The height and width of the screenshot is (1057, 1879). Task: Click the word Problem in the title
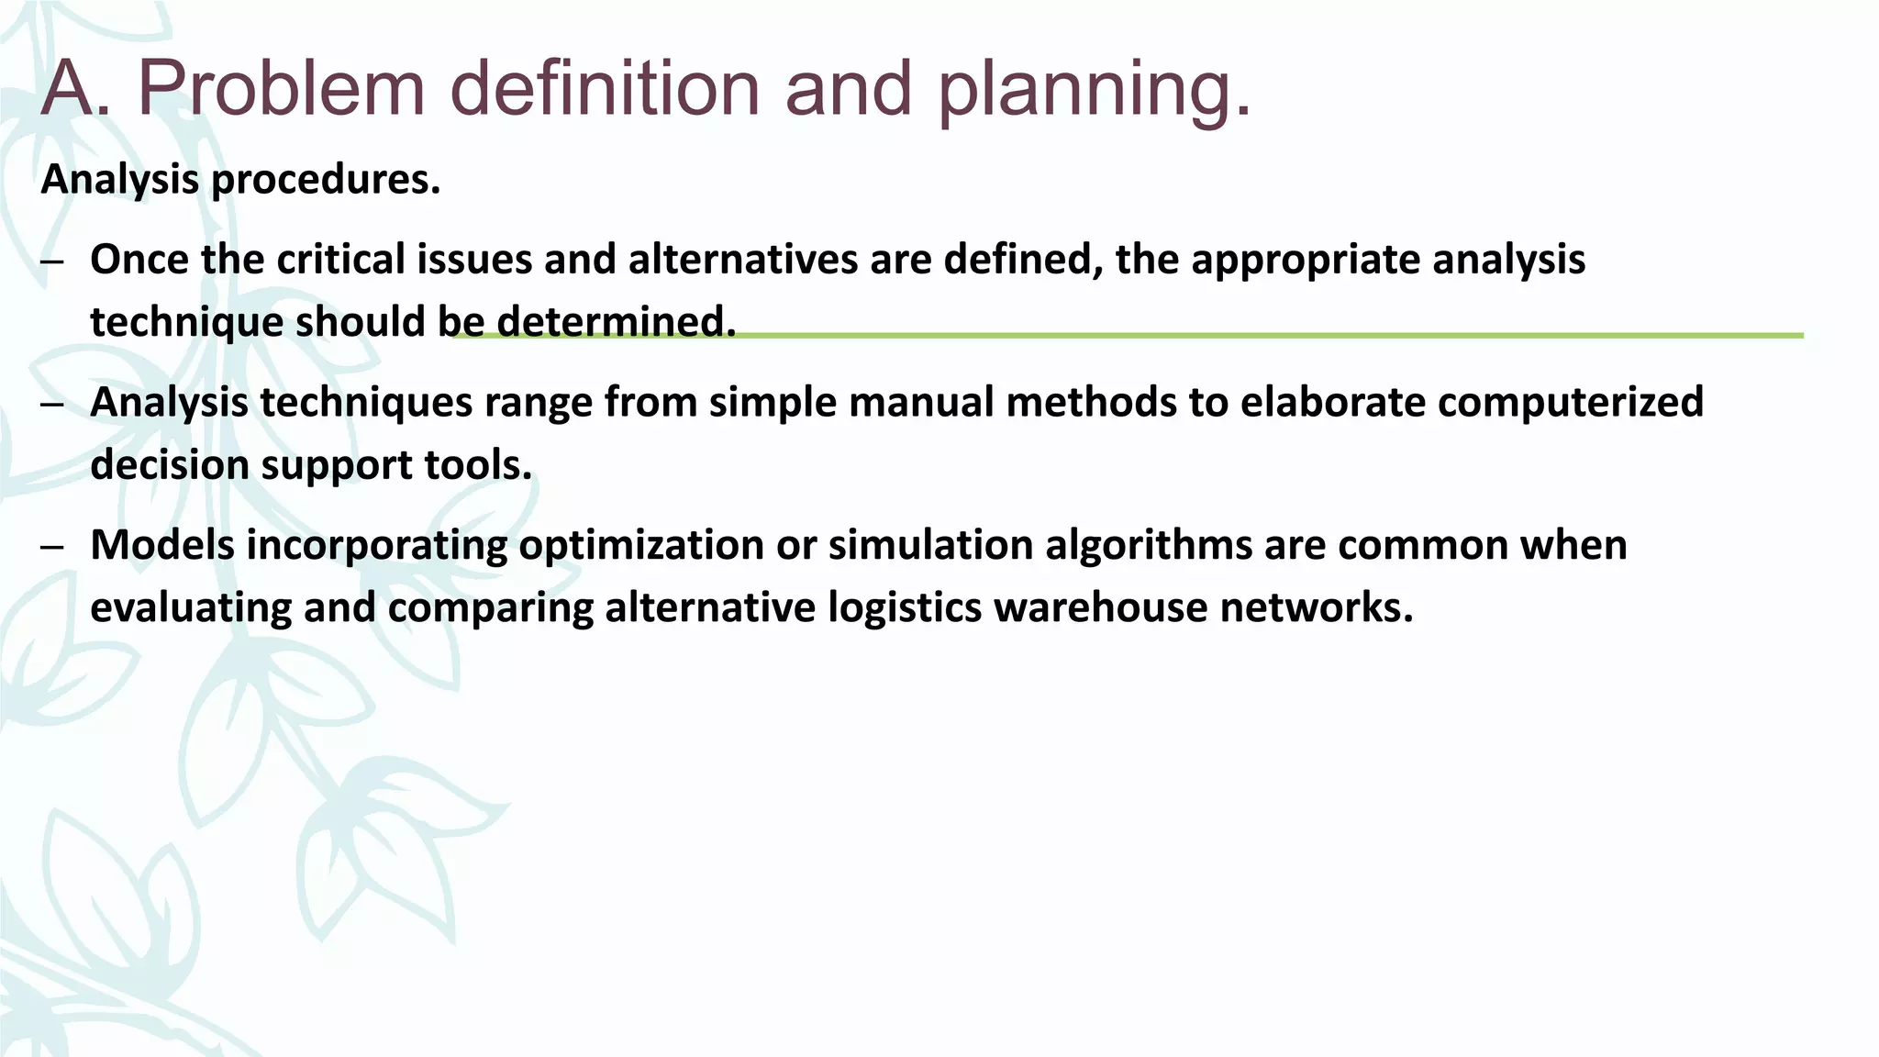[x=281, y=90]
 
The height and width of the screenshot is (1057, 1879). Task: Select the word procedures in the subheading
[x=326, y=180]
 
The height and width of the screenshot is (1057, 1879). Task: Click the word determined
[x=616, y=322]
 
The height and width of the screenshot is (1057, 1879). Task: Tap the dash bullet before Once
[x=52, y=262]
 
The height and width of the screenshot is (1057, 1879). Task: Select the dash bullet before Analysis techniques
[x=52, y=405]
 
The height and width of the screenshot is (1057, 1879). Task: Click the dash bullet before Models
[x=52, y=548]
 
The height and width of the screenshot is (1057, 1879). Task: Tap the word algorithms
[x=1149, y=546]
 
